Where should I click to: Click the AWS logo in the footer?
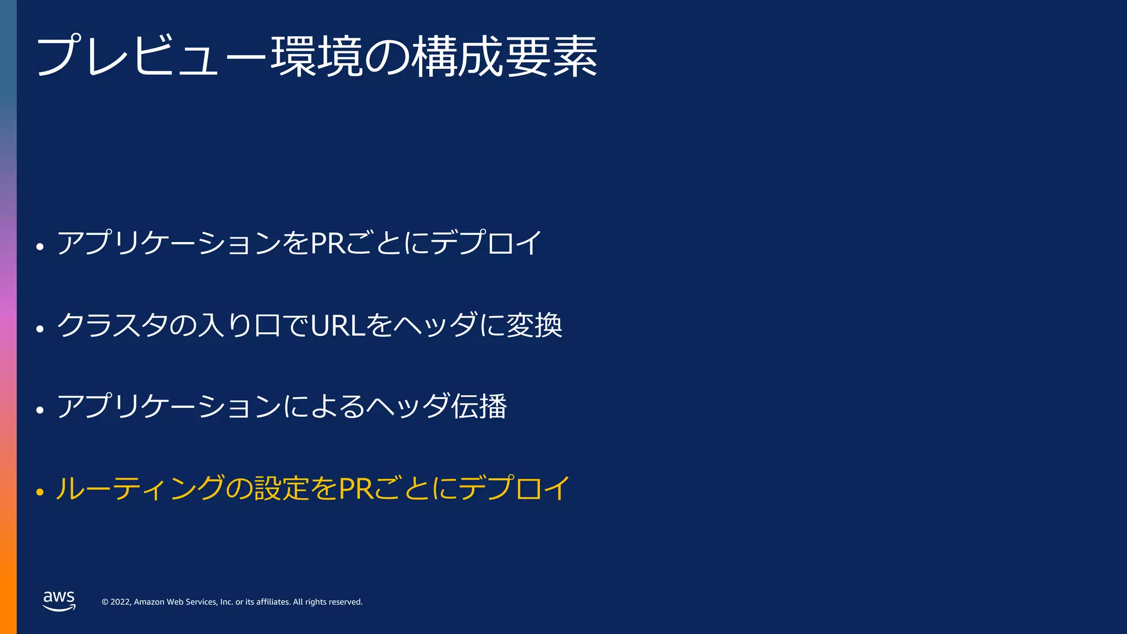point(59,600)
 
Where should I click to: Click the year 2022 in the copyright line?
point(121,602)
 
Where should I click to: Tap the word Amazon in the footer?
point(149,602)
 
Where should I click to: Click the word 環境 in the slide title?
point(316,57)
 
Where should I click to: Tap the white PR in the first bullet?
point(328,243)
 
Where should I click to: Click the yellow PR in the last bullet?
point(356,488)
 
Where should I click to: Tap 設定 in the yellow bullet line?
point(282,488)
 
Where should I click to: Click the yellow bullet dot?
point(40,491)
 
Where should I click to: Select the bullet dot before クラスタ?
point(40,329)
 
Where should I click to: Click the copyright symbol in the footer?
point(105,602)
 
